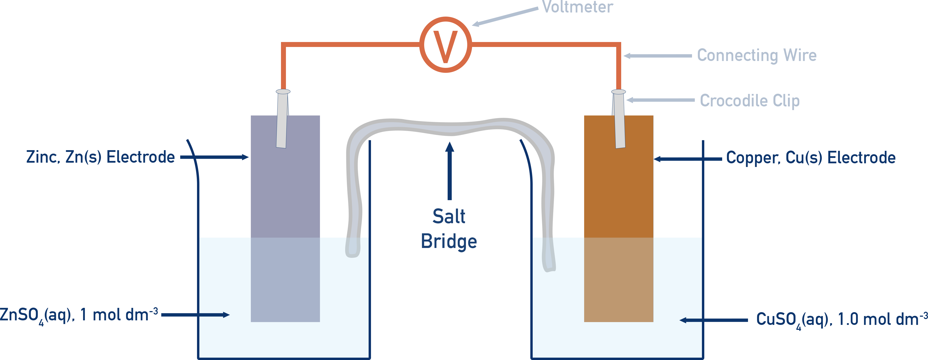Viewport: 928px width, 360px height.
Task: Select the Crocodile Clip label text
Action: click(x=749, y=101)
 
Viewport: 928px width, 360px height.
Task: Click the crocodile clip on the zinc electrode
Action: click(x=282, y=119)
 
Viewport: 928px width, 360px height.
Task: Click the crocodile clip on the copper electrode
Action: click(x=619, y=119)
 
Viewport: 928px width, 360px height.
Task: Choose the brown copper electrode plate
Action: click(x=619, y=216)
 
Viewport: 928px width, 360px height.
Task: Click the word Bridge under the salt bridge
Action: click(x=449, y=242)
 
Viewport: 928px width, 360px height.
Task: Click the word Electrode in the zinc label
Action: click(x=141, y=157)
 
